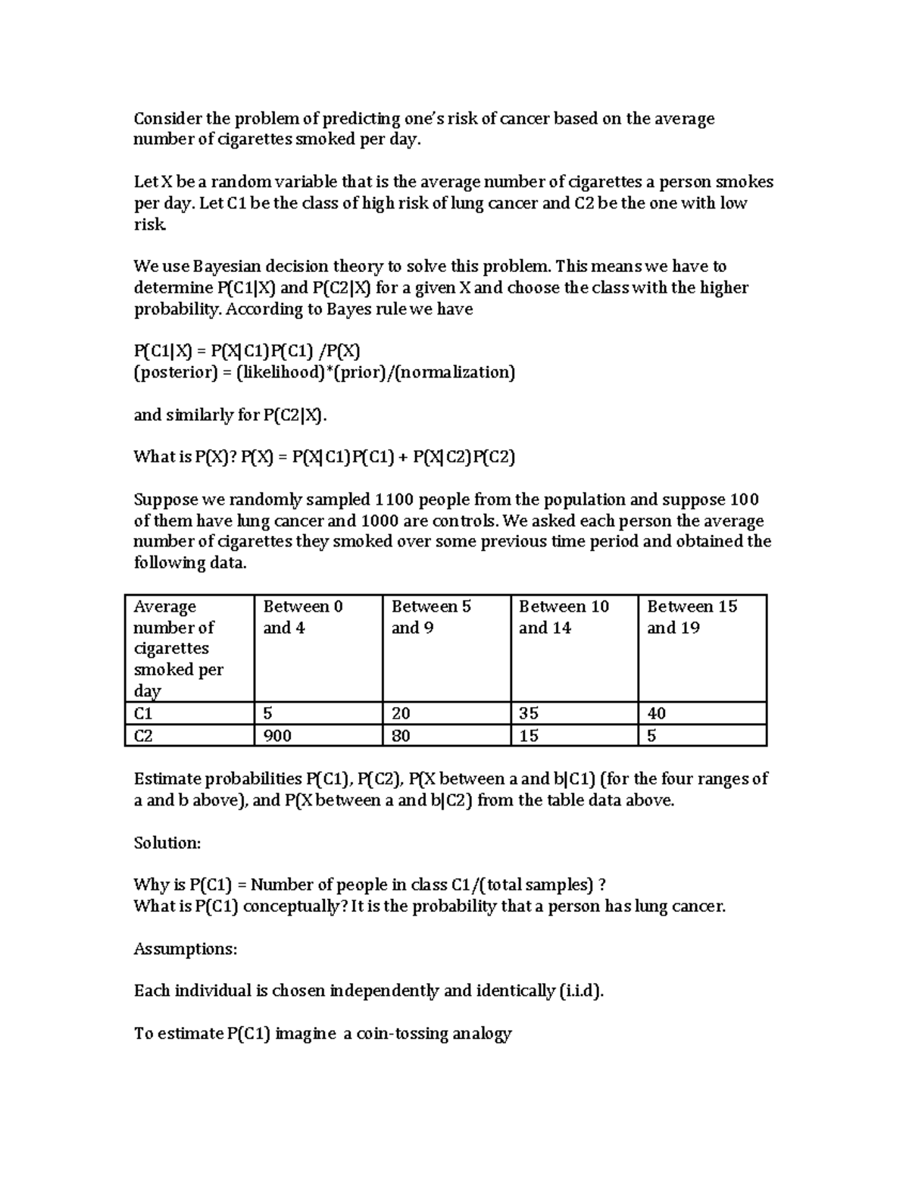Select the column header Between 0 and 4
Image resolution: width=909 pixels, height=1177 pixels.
tap(302, 617)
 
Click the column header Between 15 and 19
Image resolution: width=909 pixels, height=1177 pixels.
tap(692, 617)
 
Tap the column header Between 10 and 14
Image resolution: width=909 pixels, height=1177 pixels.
tap(564, 617)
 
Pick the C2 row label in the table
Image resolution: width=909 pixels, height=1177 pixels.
tap(143, 735)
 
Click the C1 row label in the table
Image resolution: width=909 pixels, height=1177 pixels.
tap(143, 713)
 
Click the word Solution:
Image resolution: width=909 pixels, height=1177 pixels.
tap(167, 843)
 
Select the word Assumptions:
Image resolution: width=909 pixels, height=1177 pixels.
tap(186, 949)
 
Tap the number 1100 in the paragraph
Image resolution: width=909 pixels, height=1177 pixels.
tap(394, 499)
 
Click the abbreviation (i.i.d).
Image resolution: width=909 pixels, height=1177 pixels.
tap(580, 991)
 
